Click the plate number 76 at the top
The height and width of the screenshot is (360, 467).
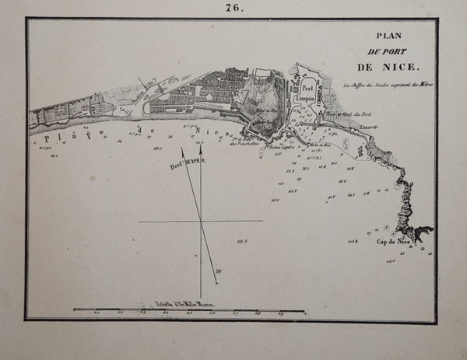pyautogui.click(x=233, y=9)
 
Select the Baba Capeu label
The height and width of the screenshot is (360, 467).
pyautogui.click(x=279, y=145)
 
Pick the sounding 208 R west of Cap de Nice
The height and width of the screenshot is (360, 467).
pyautogui.click(x=352, y=242)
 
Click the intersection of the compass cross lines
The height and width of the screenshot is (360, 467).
pyautogui.click(x=201, y=222)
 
